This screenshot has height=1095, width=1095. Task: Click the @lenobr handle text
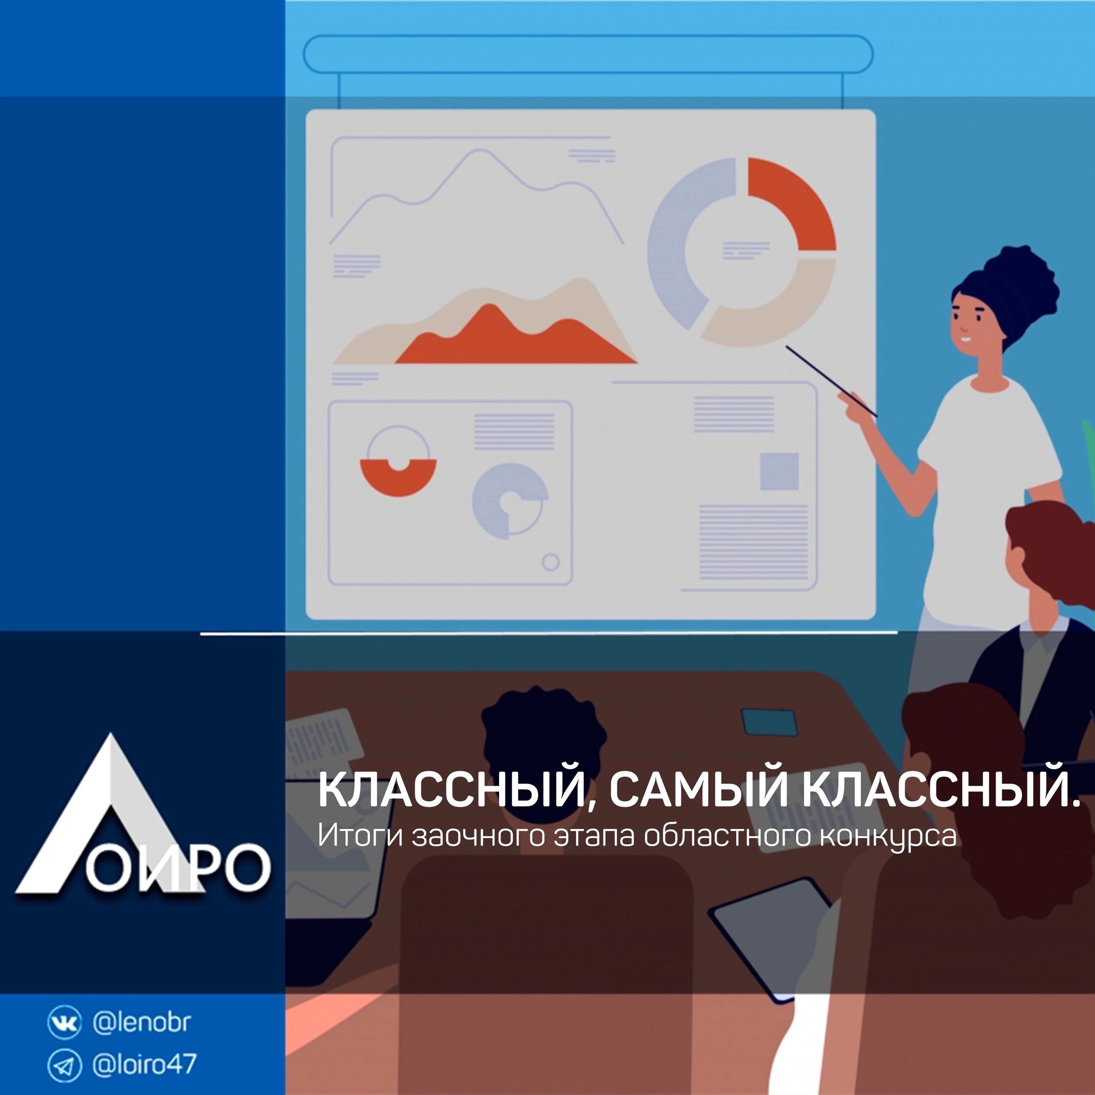point(141,1022)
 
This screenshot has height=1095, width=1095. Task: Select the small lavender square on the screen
point(779,471)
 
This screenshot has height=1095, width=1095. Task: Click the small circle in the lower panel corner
point(551,562)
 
